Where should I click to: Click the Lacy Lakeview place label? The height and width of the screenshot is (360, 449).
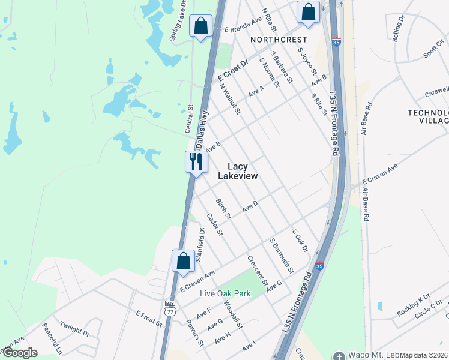tap(241, 171)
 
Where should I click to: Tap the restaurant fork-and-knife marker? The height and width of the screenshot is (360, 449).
tap(196, 162)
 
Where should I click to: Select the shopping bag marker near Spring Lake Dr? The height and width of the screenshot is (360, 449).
tap(200, 26)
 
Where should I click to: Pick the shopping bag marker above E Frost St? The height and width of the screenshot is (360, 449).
tap(183, 262)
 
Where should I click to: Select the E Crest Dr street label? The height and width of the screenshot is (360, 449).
tap(233, 71)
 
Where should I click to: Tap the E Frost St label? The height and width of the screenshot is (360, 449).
tap(149, 318)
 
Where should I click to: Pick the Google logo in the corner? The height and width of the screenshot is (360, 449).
tap(20, 353)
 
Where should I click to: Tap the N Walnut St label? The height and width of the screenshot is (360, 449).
tap(230, 98)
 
